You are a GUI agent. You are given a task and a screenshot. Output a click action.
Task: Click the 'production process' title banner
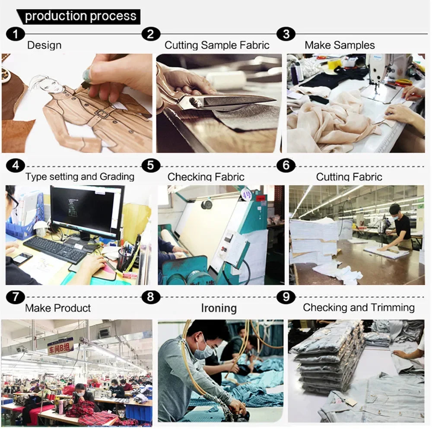79,16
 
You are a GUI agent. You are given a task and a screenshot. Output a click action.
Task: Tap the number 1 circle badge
16,34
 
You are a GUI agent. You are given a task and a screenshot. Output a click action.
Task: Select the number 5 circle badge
150,165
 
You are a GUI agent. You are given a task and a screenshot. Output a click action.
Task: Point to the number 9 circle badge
286,297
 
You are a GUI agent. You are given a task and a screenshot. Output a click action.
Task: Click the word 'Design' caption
44,45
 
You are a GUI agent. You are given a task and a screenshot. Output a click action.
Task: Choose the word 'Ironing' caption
219,308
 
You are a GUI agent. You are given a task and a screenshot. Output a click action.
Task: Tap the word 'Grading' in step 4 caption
117,177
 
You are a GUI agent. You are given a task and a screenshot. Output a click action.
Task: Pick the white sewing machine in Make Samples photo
386,74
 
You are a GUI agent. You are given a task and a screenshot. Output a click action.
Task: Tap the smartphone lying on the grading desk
22,258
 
